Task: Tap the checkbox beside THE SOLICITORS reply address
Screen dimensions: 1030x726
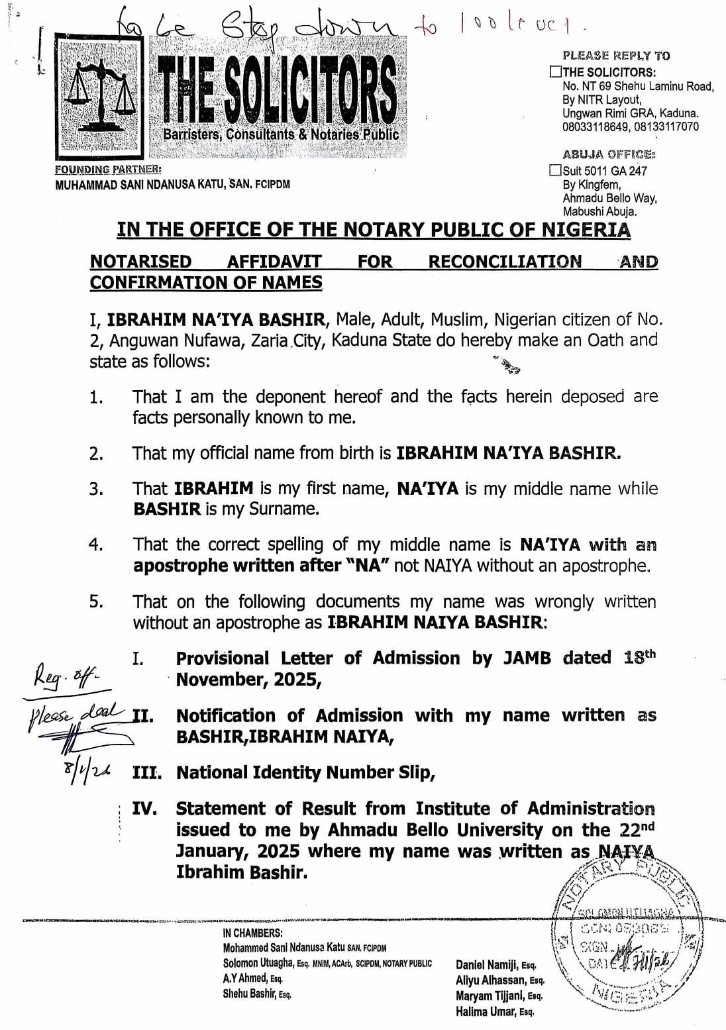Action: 555,72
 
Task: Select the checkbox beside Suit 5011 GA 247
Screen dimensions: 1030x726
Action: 555,171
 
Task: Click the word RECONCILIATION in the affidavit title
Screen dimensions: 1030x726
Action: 505,262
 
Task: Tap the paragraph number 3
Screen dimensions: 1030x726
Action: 96,489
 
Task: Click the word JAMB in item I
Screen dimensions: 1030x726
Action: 527,658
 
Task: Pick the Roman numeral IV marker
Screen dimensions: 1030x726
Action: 144,809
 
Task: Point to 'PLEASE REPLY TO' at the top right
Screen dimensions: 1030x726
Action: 616,56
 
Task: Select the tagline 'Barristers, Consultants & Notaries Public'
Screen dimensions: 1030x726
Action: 281,134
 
